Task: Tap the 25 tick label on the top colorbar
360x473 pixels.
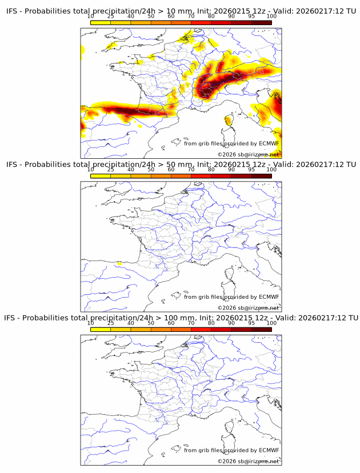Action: [x=111, y=16]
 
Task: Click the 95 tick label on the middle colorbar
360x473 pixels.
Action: [x=251, y=170]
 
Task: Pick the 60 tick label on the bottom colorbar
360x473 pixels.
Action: [x=171, y=323]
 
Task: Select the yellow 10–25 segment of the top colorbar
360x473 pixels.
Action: [x=101, y=22]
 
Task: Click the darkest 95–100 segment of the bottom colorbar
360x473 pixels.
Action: [x=261, y=329]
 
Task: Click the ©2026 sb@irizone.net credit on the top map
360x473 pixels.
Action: [x=248, y=154]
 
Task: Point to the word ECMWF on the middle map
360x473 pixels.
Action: [x=269, y=296]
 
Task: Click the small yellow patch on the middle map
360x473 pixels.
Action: [x=119, y=263]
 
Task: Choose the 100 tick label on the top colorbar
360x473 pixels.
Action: [x=271, y=16]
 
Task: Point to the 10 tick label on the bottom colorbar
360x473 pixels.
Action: [x=91, y=323]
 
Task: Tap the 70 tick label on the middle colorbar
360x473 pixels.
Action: [x=191, y=170]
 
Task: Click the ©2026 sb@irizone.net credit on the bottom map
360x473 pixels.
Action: [x=248, y=461]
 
